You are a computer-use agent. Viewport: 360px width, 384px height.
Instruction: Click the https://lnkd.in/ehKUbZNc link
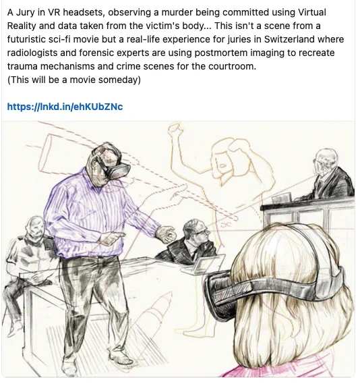click(65, 107)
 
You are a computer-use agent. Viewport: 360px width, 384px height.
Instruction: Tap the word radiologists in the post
click(32, 53)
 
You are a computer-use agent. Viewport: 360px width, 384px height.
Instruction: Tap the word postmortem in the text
click(221, 53)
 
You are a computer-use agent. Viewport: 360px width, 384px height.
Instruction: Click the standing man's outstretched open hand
click(166, 234)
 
